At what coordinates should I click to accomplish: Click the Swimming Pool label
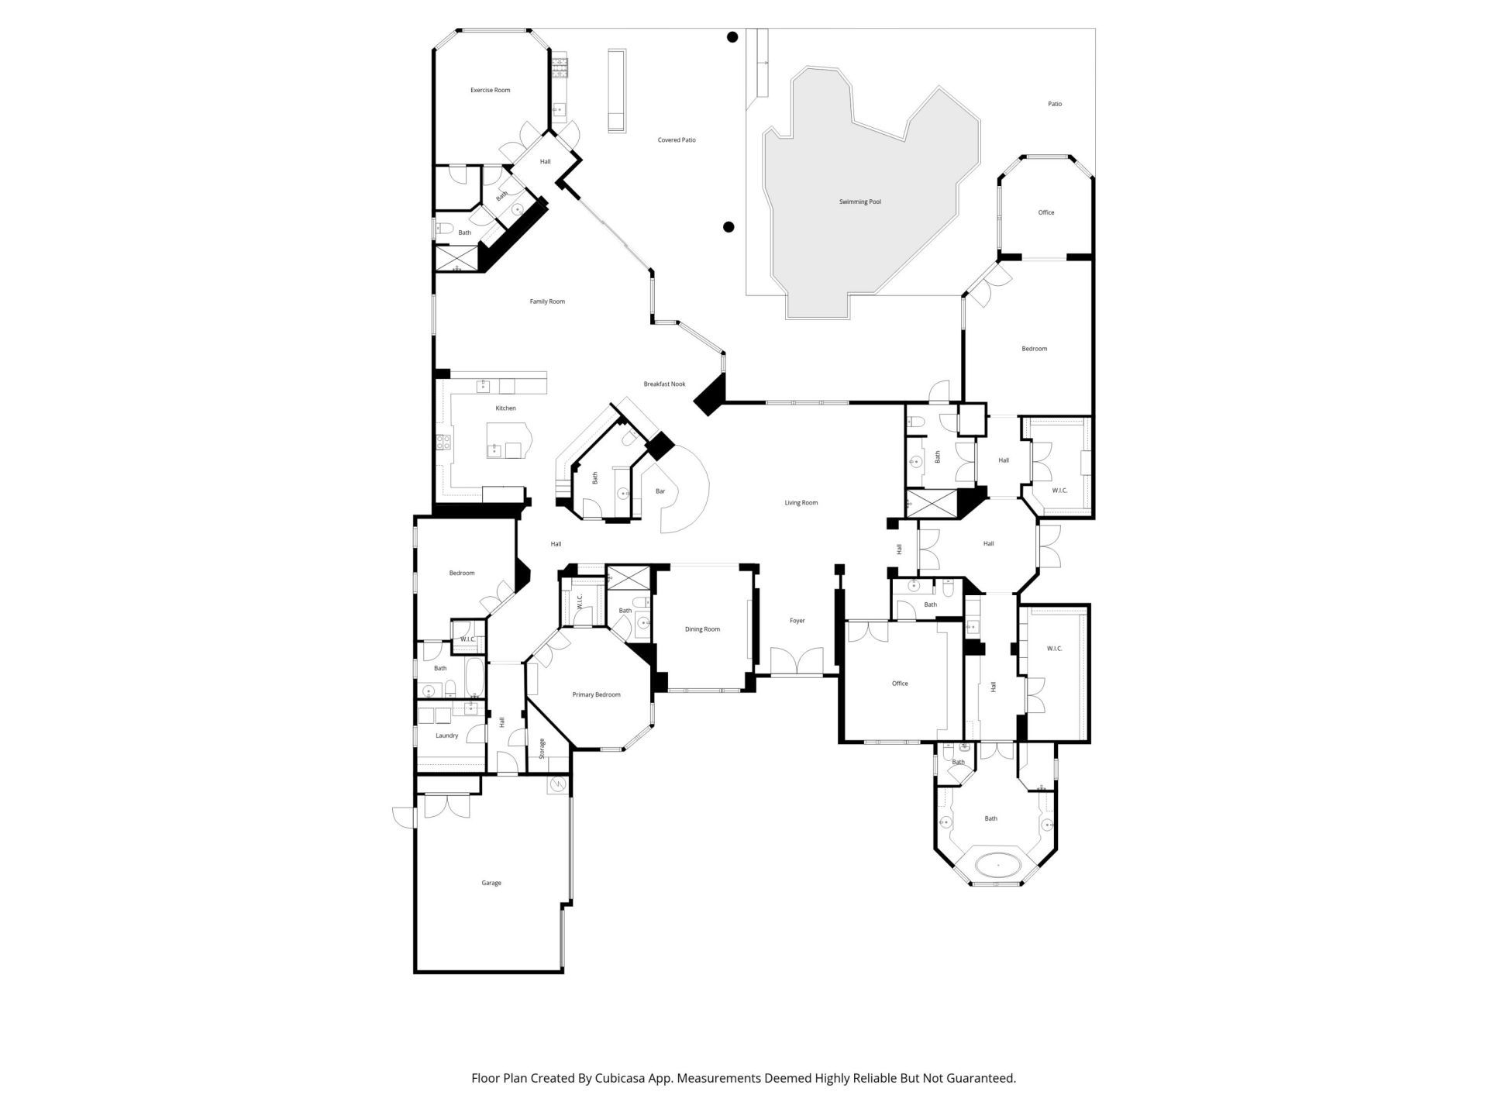tap(859, 202)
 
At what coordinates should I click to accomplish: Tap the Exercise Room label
tap(490, 91)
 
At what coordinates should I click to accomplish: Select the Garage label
tap(491, 883)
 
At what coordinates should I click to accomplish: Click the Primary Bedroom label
tap(596, 695)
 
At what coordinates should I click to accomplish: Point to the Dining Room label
tap(702, 629)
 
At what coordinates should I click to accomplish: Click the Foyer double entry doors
tap(797, 661)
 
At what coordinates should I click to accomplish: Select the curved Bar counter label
tap(660, 491)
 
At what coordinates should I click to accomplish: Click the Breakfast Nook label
tap(664, 384)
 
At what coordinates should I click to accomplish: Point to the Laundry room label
tap(446, 735)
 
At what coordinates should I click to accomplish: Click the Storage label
tap(542, 748)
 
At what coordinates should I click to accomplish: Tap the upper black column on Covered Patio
tap(732, 36)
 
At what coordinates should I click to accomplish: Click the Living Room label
tap(801, 503)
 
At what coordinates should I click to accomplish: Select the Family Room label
tap(547, 301)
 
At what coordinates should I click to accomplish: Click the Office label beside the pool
tap(1045, 212)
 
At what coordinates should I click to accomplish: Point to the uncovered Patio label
tap(1055, 104)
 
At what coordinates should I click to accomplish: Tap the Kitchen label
tap(505, 408)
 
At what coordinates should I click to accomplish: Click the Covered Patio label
tap(677, 140)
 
